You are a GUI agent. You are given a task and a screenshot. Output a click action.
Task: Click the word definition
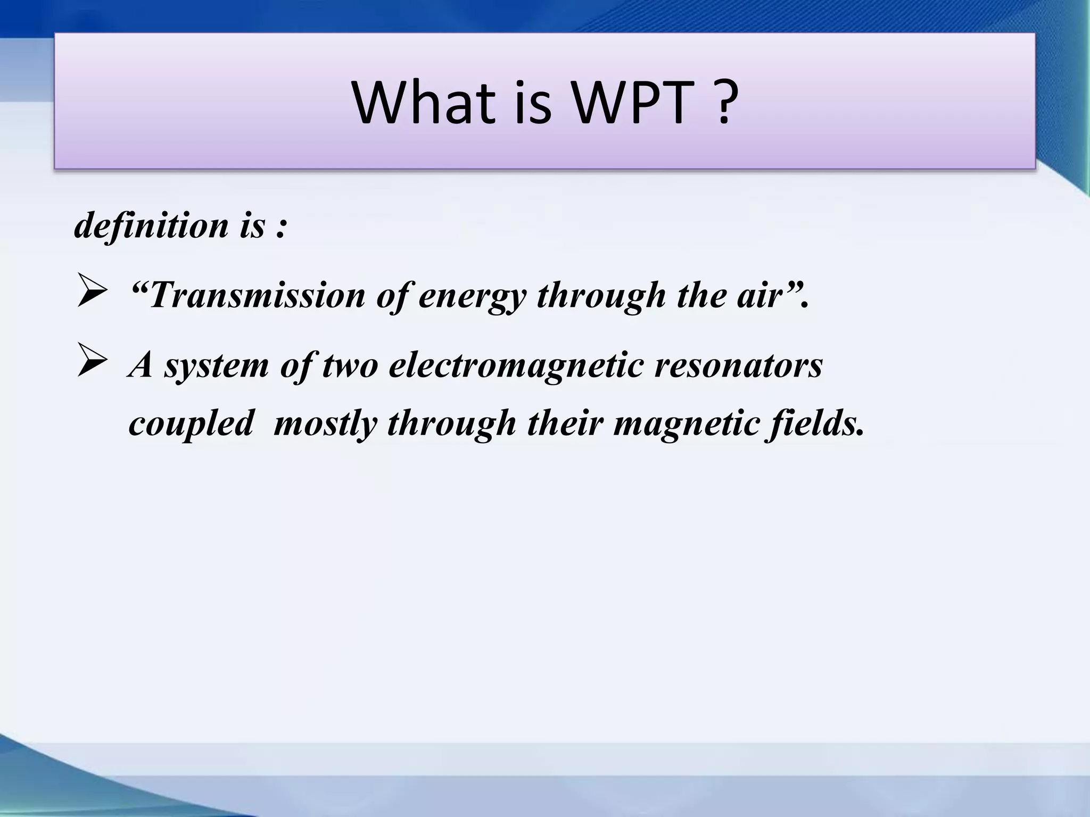[152, 226]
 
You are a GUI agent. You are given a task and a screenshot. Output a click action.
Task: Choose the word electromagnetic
[516, 366]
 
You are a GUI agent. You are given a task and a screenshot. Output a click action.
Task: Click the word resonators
[738, 366]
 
